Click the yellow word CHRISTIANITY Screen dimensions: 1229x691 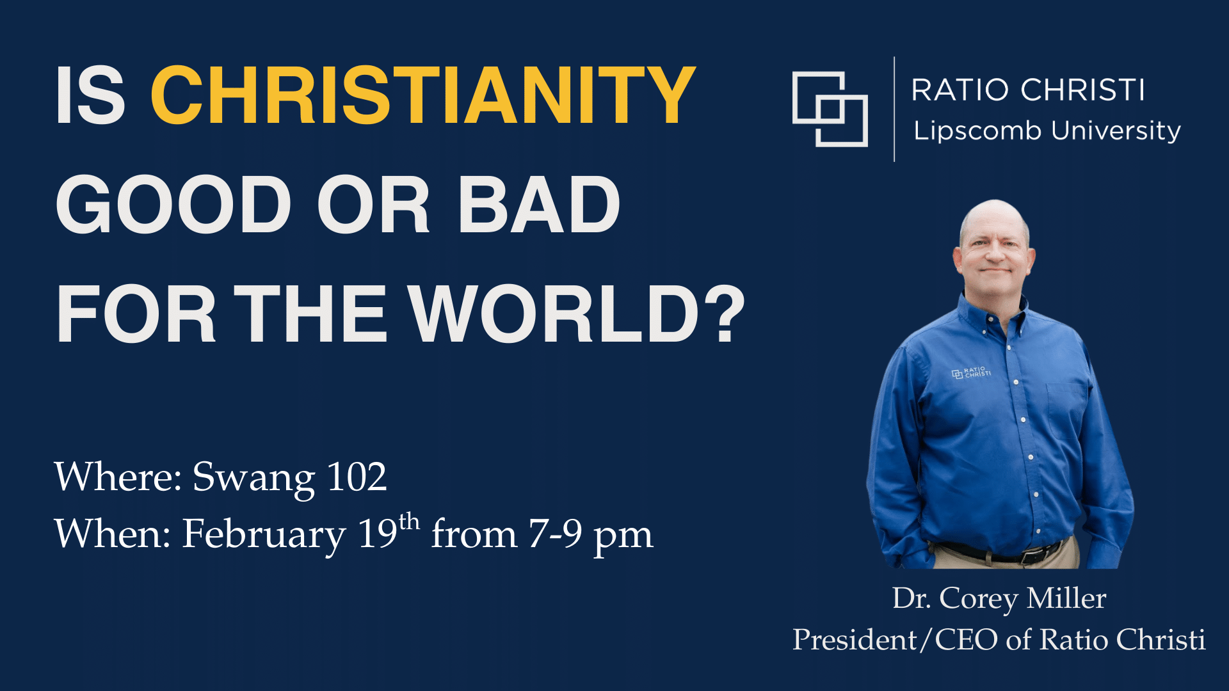pos(423,95)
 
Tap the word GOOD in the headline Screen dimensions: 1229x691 pos(174,205)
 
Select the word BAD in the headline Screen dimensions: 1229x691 pos(538,205)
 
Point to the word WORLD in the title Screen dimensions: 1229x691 pos(554,314)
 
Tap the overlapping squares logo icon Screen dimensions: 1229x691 pos(830,109)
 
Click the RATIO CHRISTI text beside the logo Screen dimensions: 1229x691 pos(1028,90)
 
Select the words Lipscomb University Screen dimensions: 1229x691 pos(1047,131)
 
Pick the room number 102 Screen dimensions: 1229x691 pos(357,477)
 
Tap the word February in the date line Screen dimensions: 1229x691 pos(264,535)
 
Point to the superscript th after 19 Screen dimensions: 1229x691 pos(409,521)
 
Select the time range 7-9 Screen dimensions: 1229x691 pos(555,534)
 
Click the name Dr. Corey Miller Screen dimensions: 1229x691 pos(999,599)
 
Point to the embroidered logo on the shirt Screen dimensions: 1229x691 pos(971,372)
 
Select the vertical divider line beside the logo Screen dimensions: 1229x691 pos(894,109)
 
